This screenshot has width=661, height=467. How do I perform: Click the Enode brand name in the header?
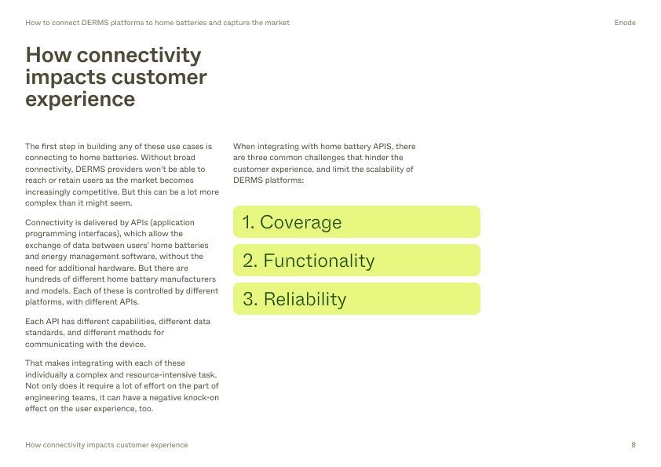coord(625,23)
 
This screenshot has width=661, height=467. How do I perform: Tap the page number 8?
coord(634,445)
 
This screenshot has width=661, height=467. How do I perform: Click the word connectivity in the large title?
coord(139,55)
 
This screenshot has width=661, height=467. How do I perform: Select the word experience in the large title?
coord(80,100)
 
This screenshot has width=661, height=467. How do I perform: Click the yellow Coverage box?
coord(356,221)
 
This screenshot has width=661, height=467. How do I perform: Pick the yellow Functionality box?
coord(356,260)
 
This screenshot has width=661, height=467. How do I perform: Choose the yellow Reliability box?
coord(356,299)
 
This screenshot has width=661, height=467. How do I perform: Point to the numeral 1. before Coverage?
coord(248,222)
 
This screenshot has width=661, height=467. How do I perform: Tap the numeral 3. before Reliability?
coord(250,299)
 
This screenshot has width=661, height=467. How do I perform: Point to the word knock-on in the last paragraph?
coord(202,397)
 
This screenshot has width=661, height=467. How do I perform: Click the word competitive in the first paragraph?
coord(98,192)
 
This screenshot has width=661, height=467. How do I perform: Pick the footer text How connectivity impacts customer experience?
coord(107,445)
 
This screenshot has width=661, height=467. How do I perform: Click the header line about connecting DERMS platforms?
coord(157,23)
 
